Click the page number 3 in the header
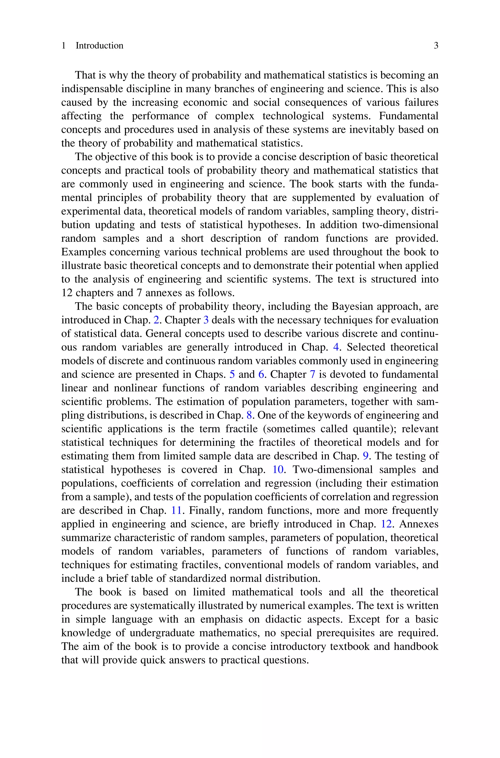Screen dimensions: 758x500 (436, 46)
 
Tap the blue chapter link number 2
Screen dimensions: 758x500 (156, 320)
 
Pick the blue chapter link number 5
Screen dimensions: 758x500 (232, 374)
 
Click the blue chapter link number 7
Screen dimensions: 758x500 (312, 374)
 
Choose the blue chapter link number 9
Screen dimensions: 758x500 (366, 456)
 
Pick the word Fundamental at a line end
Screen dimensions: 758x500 (408, 116)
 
